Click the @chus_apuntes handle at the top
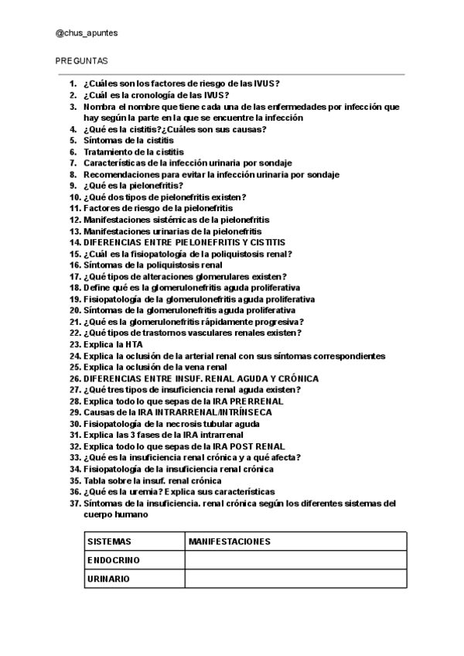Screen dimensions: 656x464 pos(87,33)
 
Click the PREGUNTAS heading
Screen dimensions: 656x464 pos(81,60)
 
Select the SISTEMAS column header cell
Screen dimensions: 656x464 pos(109,542)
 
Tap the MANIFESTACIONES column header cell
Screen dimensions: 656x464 pos(230,542)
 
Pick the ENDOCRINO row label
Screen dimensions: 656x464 pos(114,560)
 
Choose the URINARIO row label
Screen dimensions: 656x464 pos(108,579)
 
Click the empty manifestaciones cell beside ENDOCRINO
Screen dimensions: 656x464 pos(295,560)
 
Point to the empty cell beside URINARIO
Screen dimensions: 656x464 pos(295,579)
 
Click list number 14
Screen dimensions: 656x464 pos(74,241)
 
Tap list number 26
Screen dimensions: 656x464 pos(74,379)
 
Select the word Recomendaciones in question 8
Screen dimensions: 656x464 pos(121,175)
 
